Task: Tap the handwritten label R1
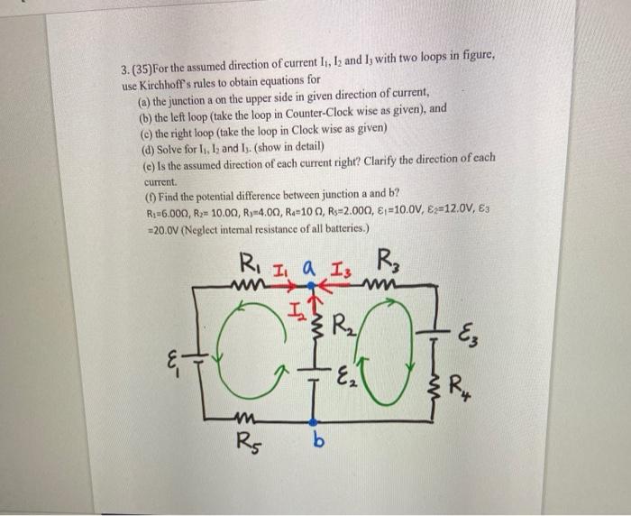point(247,265)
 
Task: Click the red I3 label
point(341,266)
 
